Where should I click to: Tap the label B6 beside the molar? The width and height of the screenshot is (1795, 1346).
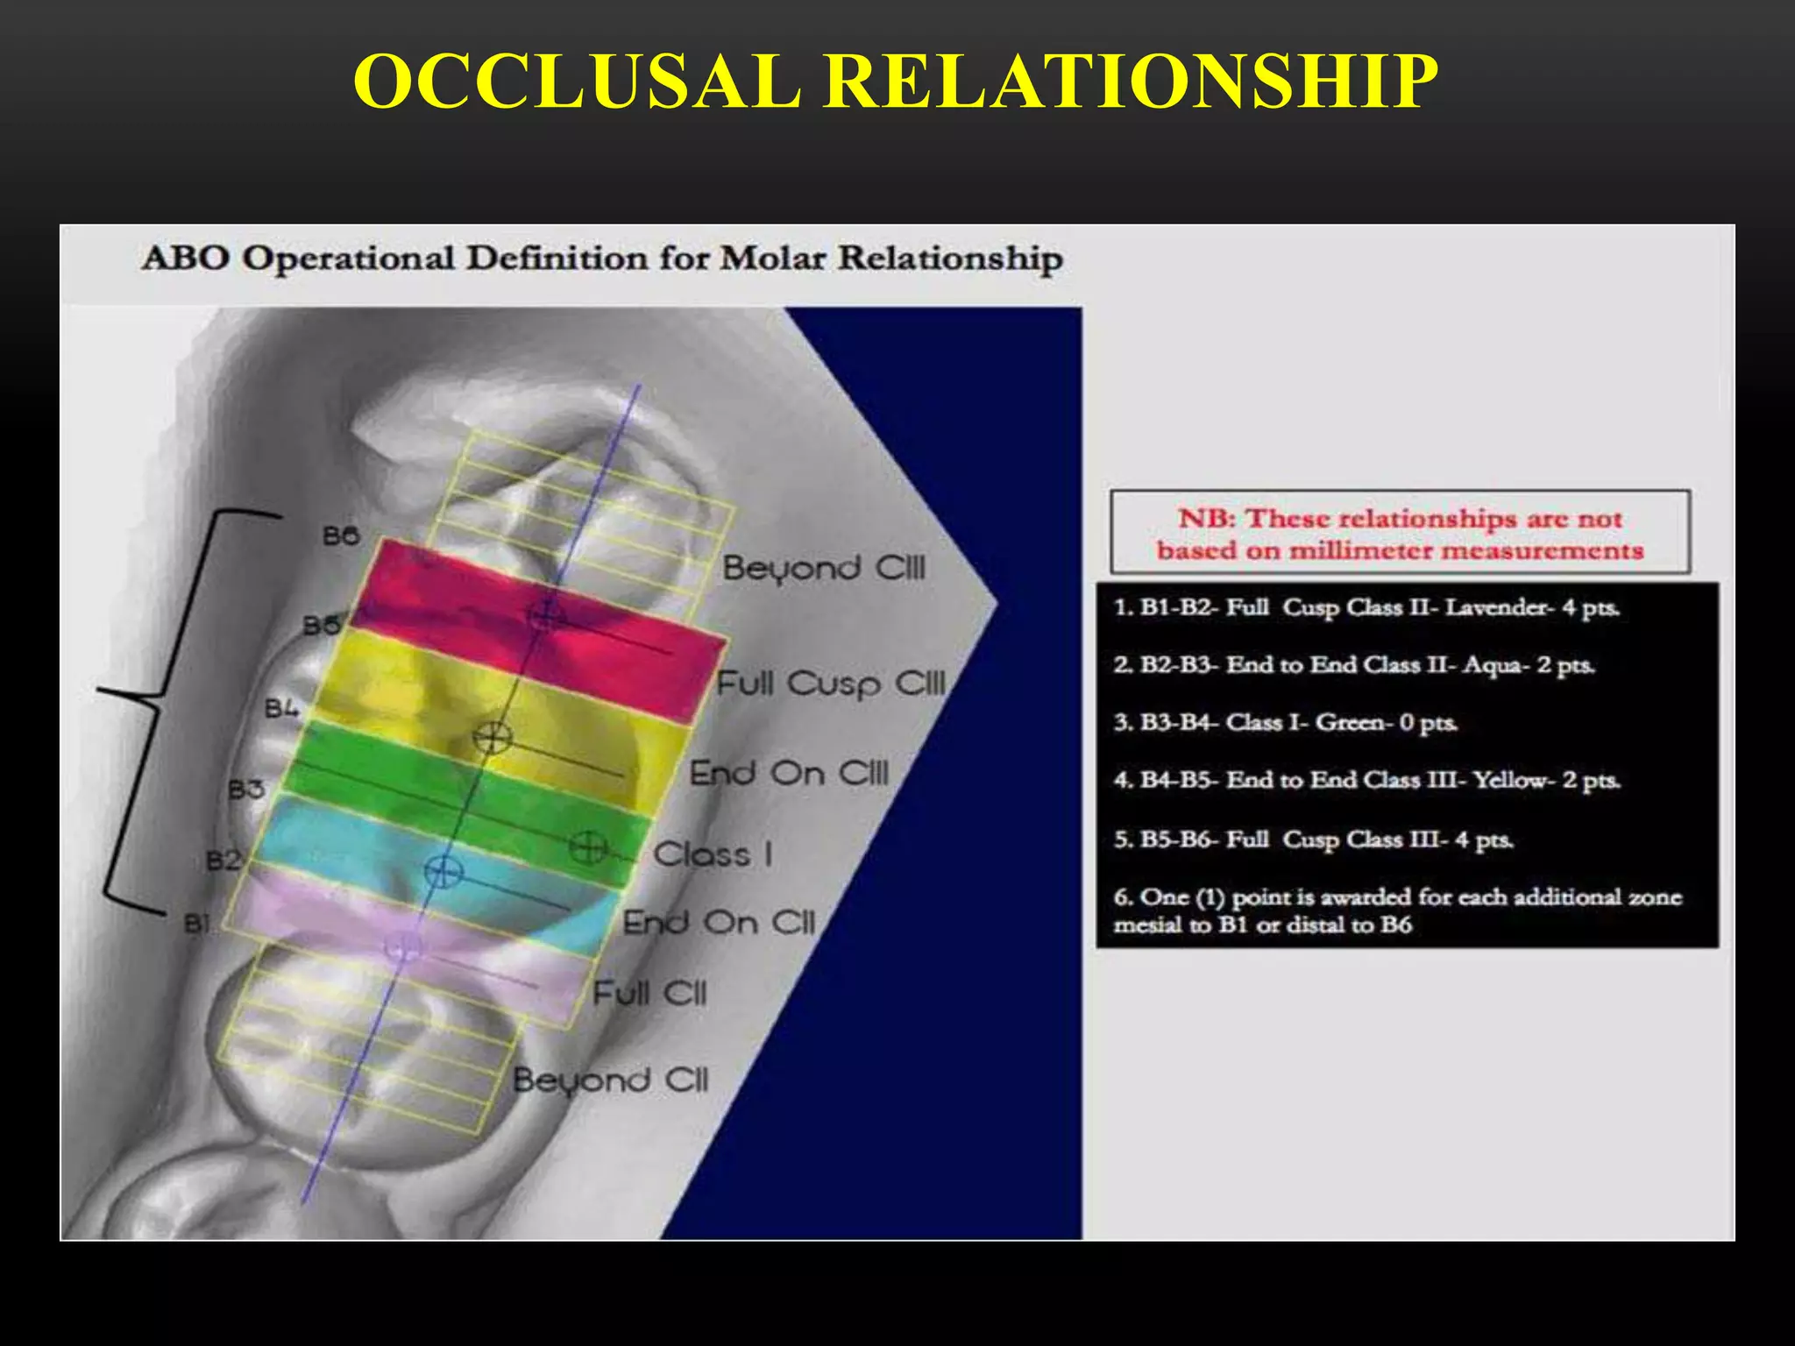[x=340, y=535]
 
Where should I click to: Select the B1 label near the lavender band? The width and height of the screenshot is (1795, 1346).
[x=196, y=923]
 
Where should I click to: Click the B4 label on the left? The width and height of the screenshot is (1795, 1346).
[x=281, y=708]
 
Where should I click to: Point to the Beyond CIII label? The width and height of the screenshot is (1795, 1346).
[x=823, y=569]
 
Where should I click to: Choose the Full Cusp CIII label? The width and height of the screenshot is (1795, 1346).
[x=831, y=684]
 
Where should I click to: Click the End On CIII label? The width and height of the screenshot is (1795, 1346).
[x=788, y=774]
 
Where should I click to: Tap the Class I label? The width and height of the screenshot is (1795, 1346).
[x=713, y=854]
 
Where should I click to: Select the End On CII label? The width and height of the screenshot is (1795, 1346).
[x=718, y=923]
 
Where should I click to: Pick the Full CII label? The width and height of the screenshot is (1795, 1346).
[x=649, y=994]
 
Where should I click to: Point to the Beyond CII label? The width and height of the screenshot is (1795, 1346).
[x=610, y=1080]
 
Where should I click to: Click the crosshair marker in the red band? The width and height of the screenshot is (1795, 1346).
[x=544, y=615]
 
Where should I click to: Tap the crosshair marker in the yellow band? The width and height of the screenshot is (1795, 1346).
[x=492, y=737]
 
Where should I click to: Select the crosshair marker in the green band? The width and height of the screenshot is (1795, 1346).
[x=587, y=847]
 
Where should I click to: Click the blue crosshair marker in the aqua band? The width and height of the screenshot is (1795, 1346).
[x=443, y=871]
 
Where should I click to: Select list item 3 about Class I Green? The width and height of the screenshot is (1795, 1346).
[x=1285, y=723]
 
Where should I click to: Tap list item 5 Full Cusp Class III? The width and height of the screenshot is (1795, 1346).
[x=1313, y=839]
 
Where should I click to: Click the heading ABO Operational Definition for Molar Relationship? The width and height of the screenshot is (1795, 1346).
[x=601, y=259]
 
